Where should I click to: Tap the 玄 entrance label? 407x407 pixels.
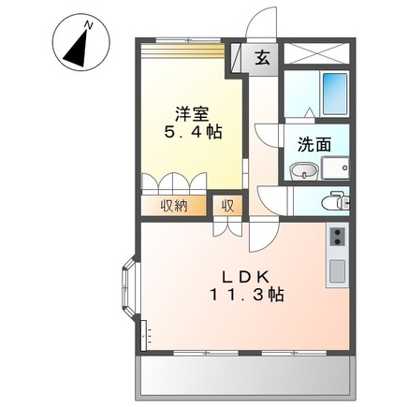tap(262, 57)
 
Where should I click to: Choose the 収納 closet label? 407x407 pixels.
tap(174, 205)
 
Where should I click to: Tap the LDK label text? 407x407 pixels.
tap(245, 276)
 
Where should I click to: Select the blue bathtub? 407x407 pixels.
tap(333, 92)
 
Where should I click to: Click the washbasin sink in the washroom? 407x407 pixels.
tap(302, 170)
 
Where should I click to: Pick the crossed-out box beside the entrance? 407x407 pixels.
tap(317, 54)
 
